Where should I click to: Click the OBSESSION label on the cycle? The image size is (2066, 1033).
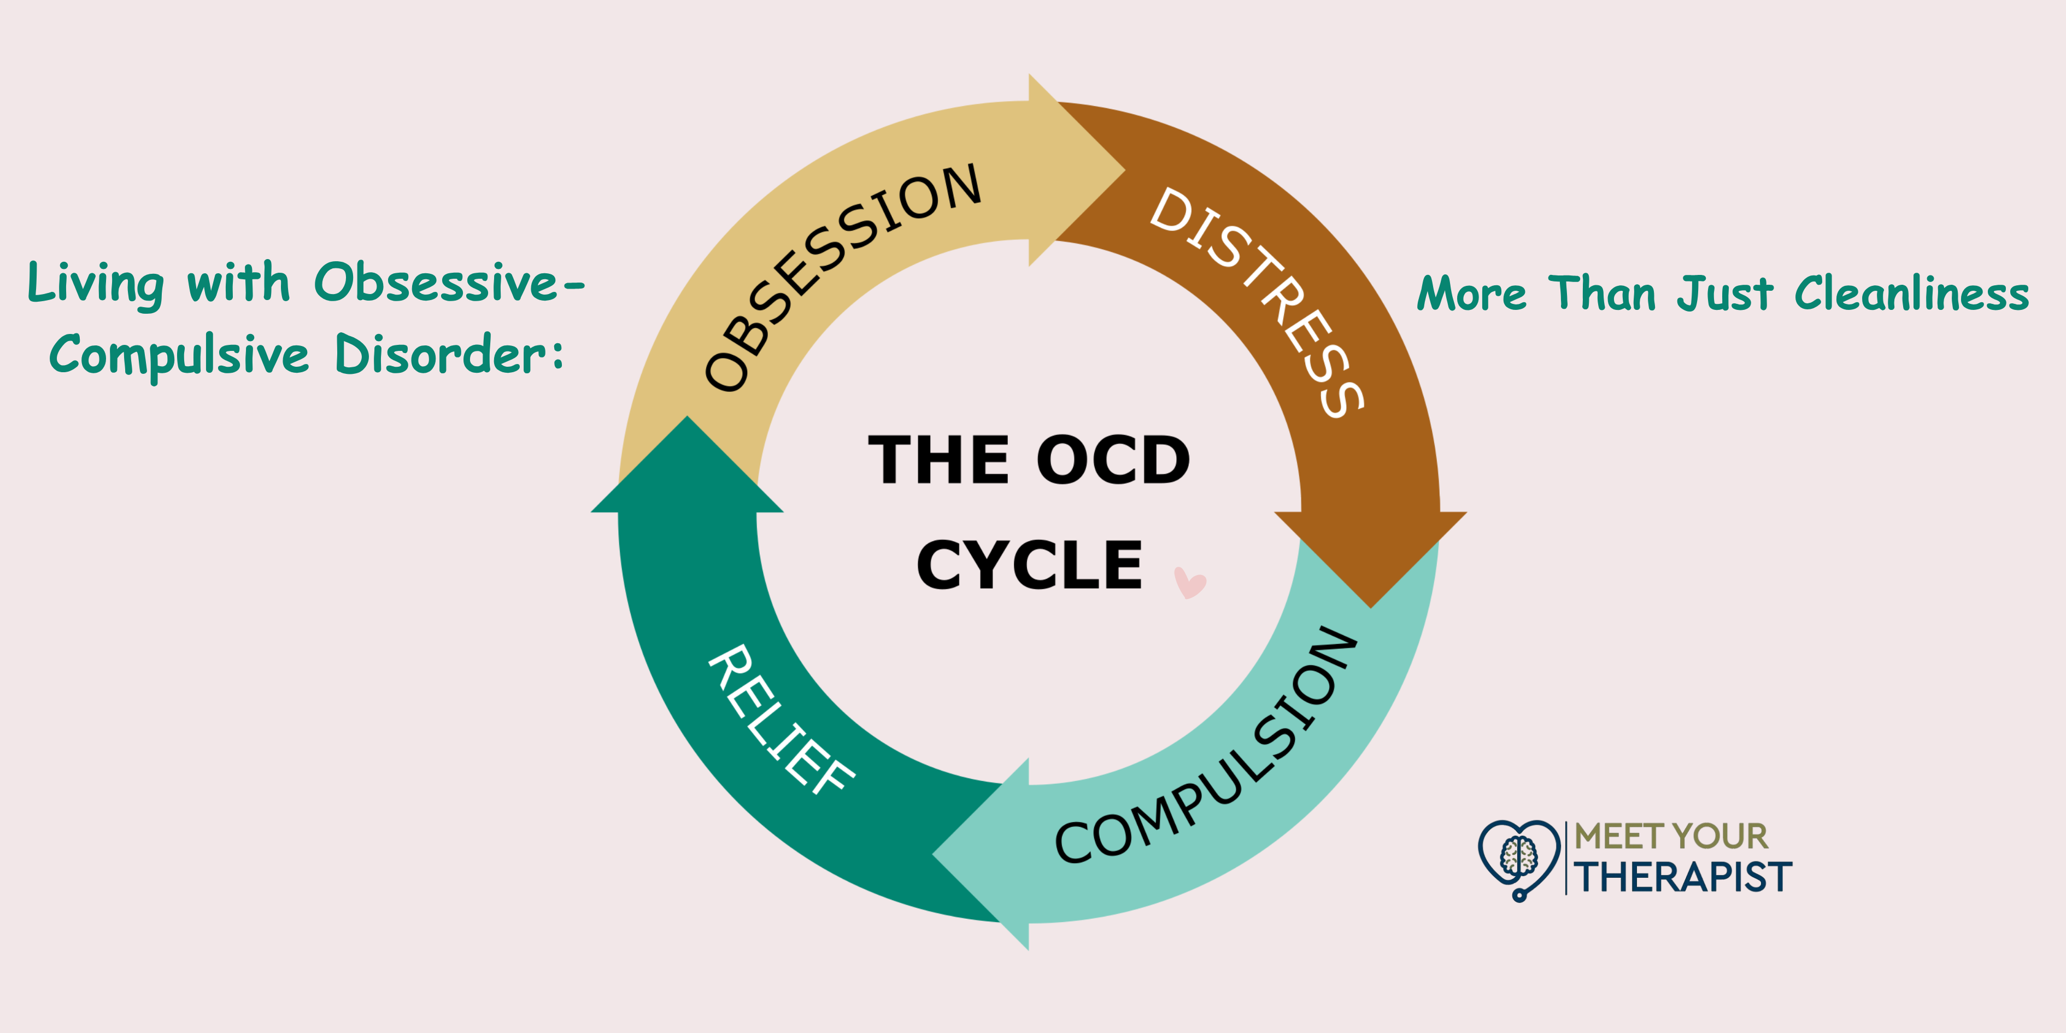click(842, 277)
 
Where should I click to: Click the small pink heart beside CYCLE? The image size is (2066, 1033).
click(1189, 582)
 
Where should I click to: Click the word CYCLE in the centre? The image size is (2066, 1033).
click(1029, 566)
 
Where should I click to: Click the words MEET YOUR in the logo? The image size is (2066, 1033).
click(1671, 836)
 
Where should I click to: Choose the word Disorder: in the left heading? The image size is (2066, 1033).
click(449, 355)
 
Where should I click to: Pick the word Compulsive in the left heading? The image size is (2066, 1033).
click(179, 355)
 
